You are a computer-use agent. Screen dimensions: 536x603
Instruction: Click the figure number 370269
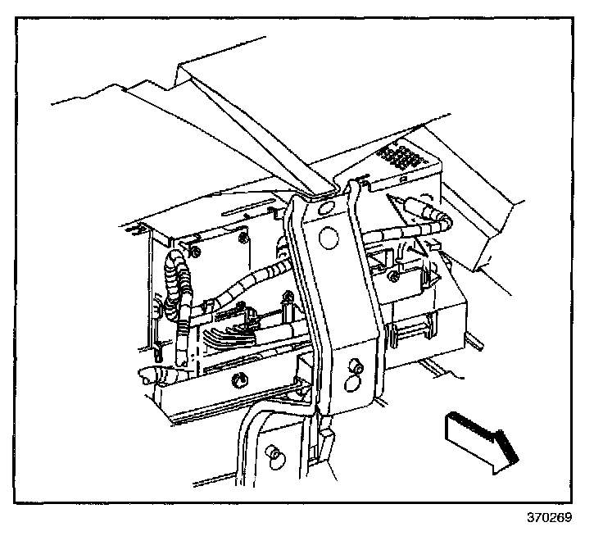pyautogui.click(x=549, y=518)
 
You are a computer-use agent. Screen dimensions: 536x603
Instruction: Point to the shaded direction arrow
pyautogui.click(x=481, y=439)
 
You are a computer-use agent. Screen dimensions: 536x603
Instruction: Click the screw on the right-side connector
pyautogui.click(x=396, y=277)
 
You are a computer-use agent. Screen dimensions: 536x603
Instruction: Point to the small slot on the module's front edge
pyautogui.click(x=402, y=178)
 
